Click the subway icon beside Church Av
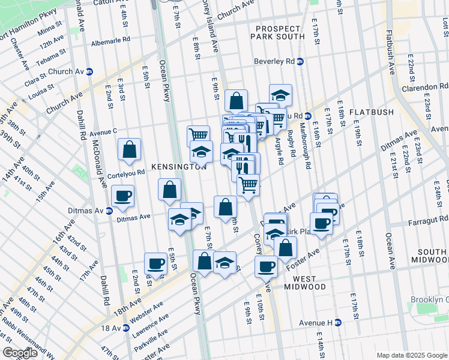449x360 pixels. tap(89, 71)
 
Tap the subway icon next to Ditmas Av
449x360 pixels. tap(109, 211)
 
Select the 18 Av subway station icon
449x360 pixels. tap(125, 328)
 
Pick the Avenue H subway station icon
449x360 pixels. tap(337, 323)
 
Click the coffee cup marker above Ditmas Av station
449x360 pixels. tap(122, 196)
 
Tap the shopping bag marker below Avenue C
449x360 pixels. tap(130, 150)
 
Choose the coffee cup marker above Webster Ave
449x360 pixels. tap(155, 263)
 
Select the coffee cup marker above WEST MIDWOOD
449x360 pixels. tap(266, 266)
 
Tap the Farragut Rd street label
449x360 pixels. tap(427, 221)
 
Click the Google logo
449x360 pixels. tap(20, 353)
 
